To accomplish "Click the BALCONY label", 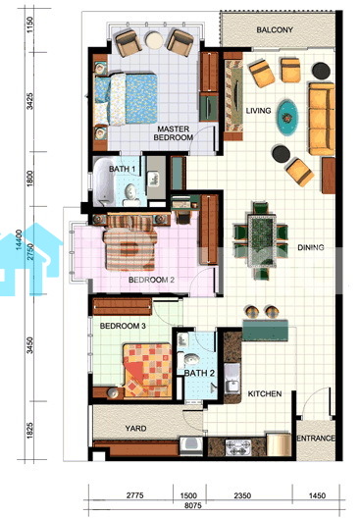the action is click(x=275, y=30).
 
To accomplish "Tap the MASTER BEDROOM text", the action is click(x=173, y=133).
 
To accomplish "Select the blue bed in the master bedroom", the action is click(x=126, y=99).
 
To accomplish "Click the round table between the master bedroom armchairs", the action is click(x=154, y=40).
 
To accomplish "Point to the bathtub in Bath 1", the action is click(x=103, y=182).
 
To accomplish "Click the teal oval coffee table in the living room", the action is click(x=287, y=118).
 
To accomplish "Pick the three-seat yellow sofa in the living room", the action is click(x=322, y=119).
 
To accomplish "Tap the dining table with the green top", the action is click(x=262, y=240).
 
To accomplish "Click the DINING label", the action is click(x=311, y=247).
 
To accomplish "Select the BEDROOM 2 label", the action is click(x=151, y=280).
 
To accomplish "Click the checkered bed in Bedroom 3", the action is click(x=147, y=370).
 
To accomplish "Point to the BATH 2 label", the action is click(x=199, y=374).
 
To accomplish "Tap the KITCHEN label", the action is click(x=265, y=393).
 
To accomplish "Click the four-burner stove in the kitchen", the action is click(x=237, y=447).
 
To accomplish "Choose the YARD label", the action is click(x=135, y=429).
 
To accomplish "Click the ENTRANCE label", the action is click(x=316, y=439).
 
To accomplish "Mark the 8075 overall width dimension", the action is click(x=193, y=505).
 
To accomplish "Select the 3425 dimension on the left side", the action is click(x=30, y=101).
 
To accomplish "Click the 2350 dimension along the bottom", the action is click(x=242, y=495).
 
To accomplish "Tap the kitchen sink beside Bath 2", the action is click(x=232, y=379).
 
